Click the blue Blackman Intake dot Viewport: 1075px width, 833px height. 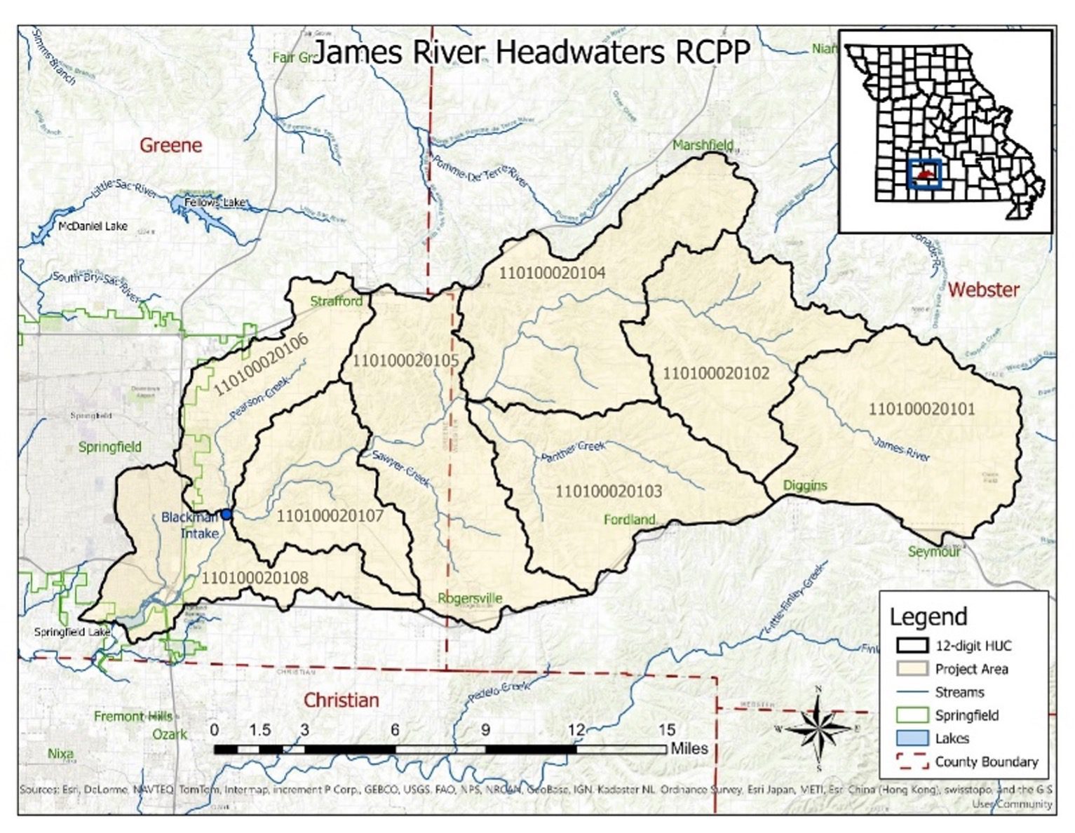coord(227,514)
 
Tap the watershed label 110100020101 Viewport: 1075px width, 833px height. coord(921,409)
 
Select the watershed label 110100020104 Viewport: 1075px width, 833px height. coord(552,273)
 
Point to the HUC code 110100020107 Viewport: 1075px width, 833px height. coord(330,517)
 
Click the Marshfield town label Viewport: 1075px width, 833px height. coord(703,145)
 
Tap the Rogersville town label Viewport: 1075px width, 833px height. coord(470,598)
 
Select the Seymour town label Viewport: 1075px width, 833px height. coord(934,552)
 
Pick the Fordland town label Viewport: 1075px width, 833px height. coord(629,520)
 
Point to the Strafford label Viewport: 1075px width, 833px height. coord(337,302)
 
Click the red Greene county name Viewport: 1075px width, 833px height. coord(170,145)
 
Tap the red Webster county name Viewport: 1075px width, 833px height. coord(983,290)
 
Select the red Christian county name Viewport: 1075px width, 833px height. coord(341,700)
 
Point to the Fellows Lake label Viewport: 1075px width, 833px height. coord(215,203)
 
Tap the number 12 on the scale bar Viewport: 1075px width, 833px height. coord(576,730)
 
